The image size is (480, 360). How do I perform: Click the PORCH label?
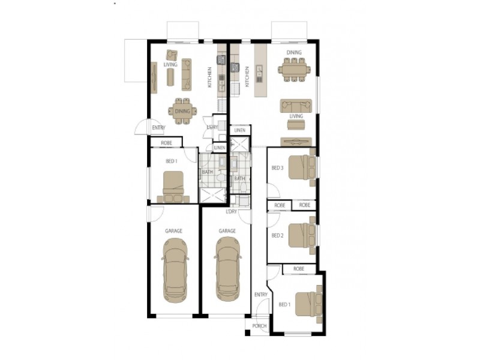click(x=259, y=326)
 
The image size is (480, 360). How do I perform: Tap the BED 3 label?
click(x=277, y=168)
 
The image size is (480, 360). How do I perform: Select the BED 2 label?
click(x=277, y=235)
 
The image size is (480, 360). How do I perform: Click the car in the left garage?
click(x=175, y=271)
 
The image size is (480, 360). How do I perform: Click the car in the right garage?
click(x=228, y=269)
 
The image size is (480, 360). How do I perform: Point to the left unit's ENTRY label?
click(x=158, y=128)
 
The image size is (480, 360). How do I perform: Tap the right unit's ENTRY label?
click(x=261, y=295)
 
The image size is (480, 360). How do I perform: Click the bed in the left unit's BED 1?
click(x=173, y=187)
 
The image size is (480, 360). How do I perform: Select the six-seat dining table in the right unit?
click(x=294, y=70)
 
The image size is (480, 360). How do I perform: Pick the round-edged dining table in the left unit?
click(x=182, y=111)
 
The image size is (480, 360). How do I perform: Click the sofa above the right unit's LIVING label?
click(x=296, y=106)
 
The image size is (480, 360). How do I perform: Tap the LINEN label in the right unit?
click(x=239, y=130)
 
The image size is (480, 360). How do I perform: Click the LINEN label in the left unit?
click(x=220, y=148)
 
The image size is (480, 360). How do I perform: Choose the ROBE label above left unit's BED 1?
click(x=167, y=143)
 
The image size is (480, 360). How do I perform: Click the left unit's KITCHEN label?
click(x=209, y=77)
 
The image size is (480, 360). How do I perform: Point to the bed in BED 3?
click(x=302, y=167)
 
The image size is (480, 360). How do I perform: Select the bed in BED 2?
click(x=302, y=235)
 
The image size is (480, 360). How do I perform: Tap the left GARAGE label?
click(x=173, y=231)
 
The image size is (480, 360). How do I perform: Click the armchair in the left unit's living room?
click(x=172, y=55)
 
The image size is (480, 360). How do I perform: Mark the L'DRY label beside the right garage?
click(x=231, y=212)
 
